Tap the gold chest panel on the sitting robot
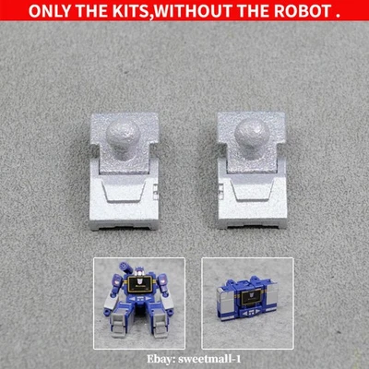[x=140, y=288]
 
